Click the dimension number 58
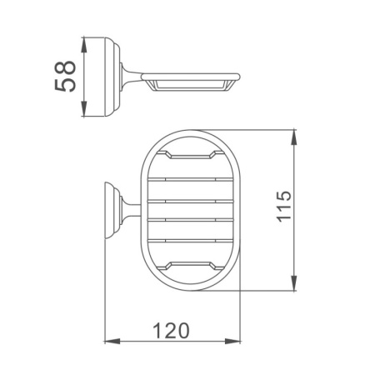coord(65,77)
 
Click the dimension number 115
coord(284,206)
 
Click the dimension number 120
coord(171,331)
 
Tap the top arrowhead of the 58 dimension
coord(84,44)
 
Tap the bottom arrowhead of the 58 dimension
coord(84,109)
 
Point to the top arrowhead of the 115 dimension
coord(294,137)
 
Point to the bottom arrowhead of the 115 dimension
coord(294,283)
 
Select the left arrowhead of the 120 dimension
coord(112,341)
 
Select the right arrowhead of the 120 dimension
coord(232,341)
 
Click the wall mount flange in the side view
coord(112,77)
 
